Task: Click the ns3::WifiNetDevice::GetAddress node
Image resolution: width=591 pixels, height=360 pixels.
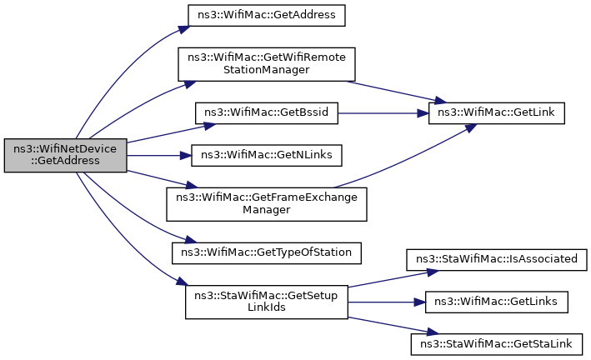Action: (65, 156)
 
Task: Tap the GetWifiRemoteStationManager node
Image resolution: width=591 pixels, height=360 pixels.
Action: (266, 64)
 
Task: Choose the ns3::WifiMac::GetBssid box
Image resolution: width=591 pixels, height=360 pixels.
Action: (266, 113)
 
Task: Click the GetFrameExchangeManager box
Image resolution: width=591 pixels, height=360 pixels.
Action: (266, 204)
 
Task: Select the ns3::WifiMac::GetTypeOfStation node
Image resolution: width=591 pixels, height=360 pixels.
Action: (266, 250)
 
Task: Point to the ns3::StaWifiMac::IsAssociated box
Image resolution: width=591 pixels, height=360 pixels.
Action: (497, 259)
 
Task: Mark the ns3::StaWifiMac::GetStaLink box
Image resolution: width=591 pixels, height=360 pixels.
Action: (497, 342)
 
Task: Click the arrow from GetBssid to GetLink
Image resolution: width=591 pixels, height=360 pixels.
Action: (383, 113)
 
